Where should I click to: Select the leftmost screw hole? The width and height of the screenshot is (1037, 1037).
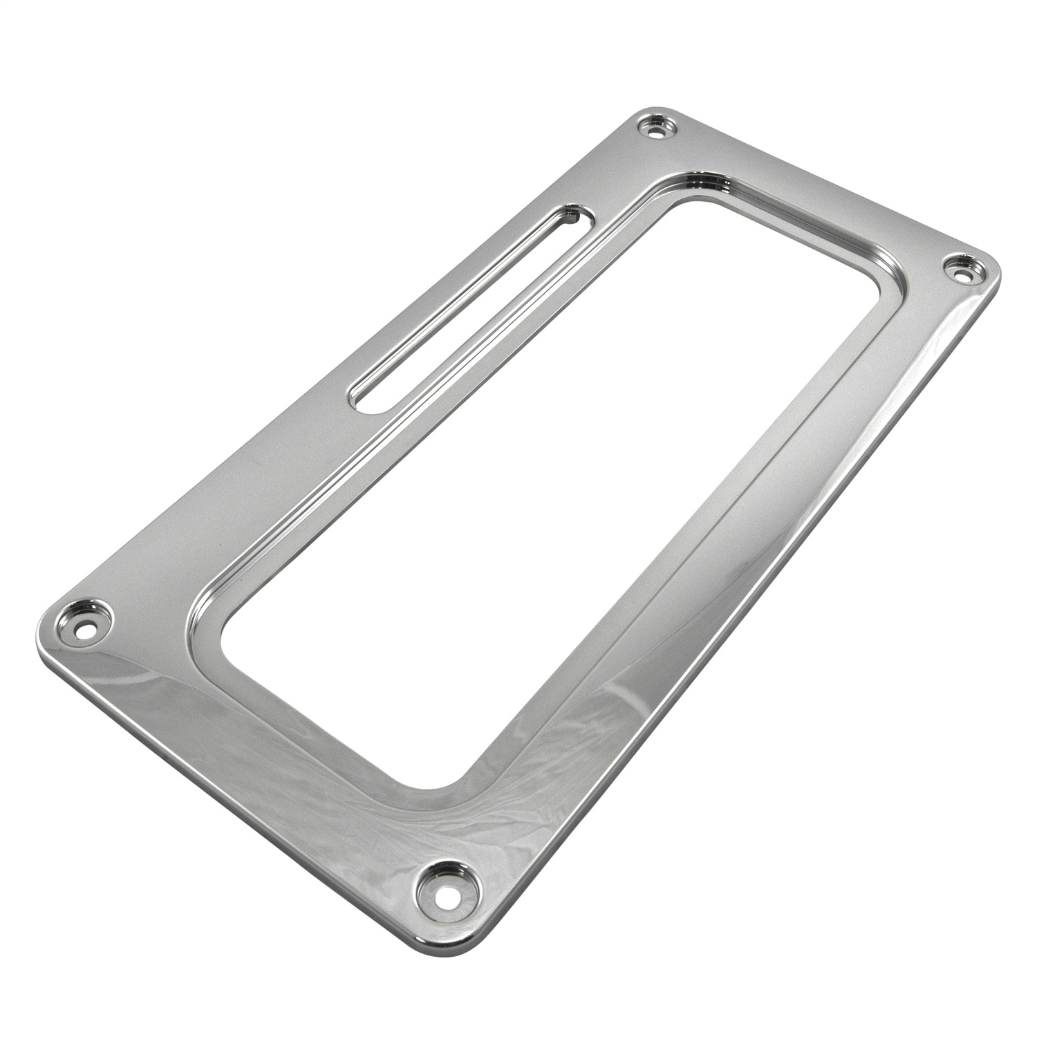(x=84, y=612)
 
